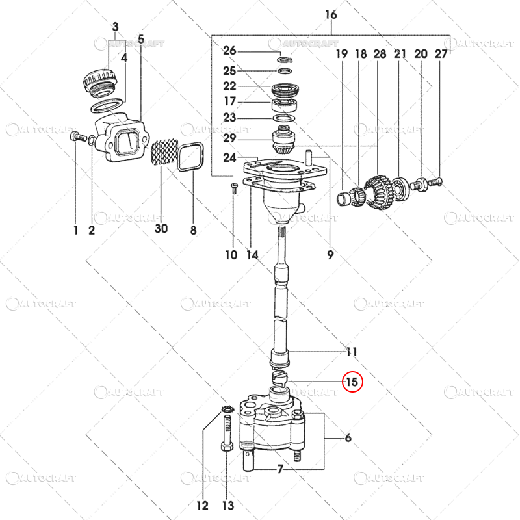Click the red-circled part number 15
352,382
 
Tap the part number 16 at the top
331,15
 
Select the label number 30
161,229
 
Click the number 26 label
230,51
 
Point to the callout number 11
352,352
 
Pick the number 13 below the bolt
227,505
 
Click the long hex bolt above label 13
226,435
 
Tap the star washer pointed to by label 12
227,409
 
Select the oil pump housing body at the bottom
270,429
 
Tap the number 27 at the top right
441,55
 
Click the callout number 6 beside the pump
348,438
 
